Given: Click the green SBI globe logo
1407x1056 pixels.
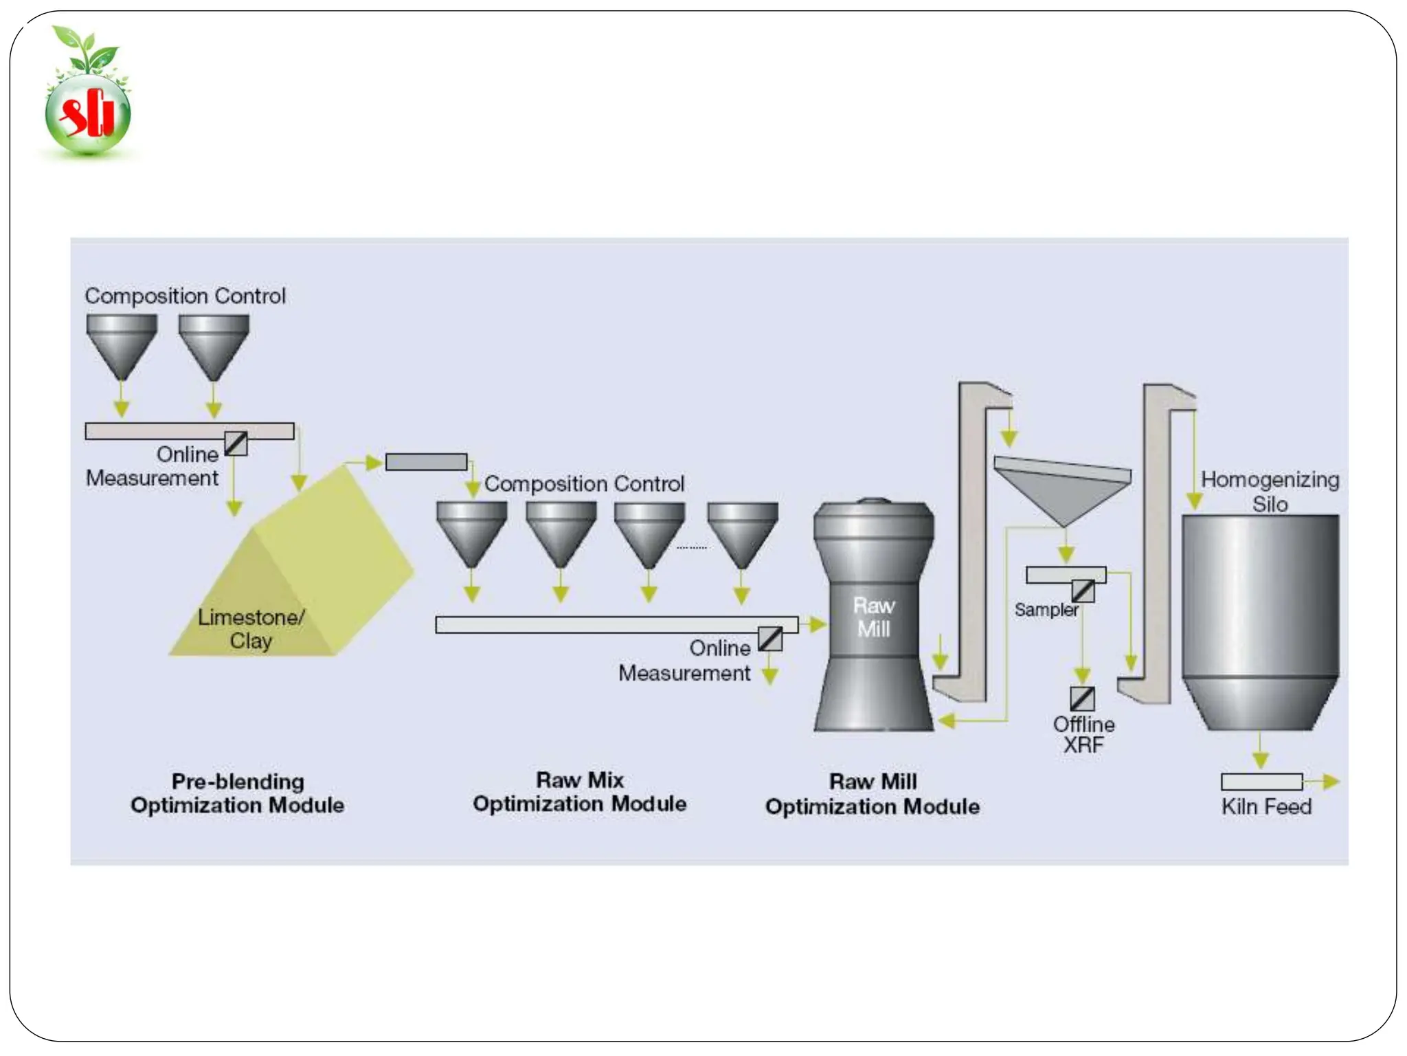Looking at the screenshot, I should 88,110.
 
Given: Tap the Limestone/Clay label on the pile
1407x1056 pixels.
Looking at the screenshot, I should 251,628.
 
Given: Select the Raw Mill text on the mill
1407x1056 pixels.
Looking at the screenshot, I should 873,617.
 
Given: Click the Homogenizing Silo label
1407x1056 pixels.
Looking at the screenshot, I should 1270,491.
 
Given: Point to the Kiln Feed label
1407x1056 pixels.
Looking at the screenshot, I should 1266,806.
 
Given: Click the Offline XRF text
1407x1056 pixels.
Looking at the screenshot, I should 1083,734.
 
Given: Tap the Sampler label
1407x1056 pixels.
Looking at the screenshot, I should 1046,610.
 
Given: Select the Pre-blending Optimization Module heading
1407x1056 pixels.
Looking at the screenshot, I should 238,793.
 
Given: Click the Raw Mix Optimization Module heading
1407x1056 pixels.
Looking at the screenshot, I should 579,792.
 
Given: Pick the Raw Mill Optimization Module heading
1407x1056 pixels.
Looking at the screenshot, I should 873,794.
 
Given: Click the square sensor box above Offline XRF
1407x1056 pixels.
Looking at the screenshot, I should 1082,699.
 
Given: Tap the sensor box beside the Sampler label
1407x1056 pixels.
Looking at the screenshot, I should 1083,591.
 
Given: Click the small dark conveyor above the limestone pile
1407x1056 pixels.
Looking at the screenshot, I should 426,462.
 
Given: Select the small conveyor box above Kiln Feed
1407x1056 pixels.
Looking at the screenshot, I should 1261,782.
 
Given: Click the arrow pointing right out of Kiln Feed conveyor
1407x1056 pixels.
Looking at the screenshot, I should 1327,782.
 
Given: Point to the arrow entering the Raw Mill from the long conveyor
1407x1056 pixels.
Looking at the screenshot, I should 816,624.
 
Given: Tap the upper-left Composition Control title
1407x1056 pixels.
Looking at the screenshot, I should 185,296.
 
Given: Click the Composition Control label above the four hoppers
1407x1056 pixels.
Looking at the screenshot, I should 584,484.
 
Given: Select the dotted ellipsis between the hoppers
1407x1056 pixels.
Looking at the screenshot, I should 691,548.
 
